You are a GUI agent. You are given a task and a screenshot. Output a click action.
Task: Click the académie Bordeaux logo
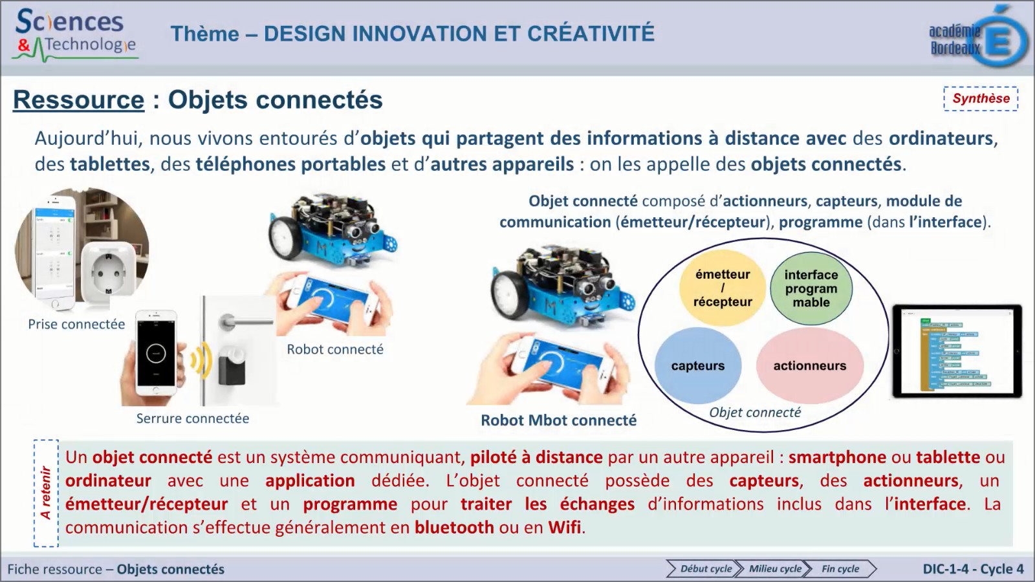978,38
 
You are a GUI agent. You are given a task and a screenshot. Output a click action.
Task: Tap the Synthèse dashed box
980,99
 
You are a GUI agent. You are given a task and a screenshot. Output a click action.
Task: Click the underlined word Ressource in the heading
79,100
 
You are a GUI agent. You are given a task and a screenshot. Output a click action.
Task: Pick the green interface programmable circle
811,288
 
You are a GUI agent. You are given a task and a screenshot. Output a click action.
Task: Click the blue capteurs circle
697,366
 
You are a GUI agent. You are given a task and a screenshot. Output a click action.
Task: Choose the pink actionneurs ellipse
810,366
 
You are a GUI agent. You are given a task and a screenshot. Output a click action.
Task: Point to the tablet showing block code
957,351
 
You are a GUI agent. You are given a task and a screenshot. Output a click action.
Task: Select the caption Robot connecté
335,350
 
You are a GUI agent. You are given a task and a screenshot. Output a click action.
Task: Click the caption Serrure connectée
193,419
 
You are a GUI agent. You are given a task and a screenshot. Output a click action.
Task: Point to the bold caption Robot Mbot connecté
558,420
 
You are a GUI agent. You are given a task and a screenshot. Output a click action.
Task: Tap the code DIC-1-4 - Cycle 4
973,569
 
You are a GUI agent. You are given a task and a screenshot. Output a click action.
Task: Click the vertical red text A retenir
46,493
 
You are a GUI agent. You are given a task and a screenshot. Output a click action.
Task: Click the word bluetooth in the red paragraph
454,528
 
